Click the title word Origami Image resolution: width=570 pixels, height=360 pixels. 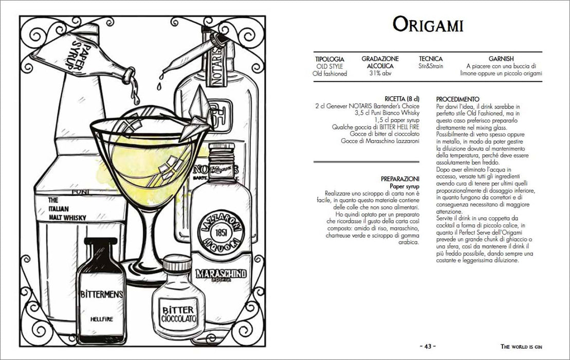point(428,25)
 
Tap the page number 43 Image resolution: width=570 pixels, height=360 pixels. point(428,347)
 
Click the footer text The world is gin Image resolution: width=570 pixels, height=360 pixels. point(521,347)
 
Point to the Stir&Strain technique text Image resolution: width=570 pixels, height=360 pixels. point(431,66)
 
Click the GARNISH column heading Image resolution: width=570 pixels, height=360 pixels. point(501,59)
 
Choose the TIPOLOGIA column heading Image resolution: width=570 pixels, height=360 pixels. point(329,59)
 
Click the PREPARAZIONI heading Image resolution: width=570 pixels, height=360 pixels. point(400,179)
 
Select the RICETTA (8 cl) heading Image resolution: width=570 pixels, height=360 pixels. point(402,99)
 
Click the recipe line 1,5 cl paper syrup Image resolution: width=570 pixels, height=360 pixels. point(397,120)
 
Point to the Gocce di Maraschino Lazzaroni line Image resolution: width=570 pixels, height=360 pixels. point(380,141)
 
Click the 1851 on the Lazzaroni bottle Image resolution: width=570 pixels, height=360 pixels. point(221,232)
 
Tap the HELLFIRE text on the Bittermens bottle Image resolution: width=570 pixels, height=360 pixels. point(102,319)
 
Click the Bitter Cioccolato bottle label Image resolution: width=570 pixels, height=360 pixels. point(179,315)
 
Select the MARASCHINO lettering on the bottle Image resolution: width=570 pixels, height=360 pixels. point(221,274)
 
